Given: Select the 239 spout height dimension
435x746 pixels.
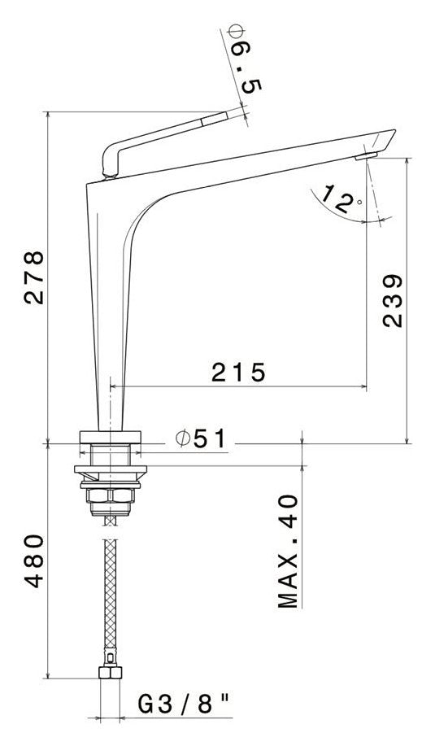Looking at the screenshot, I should (x=392, y=299).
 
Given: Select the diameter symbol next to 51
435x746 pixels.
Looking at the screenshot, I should (x=183, y=438).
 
